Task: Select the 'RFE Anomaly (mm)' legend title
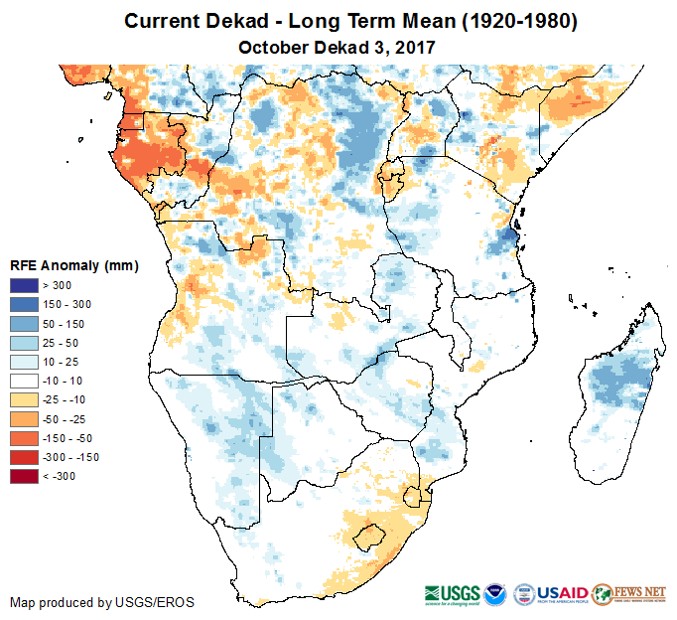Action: [73, 265]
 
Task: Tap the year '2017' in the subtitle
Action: [415, 47]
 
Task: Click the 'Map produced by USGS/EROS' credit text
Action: [102, 602]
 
